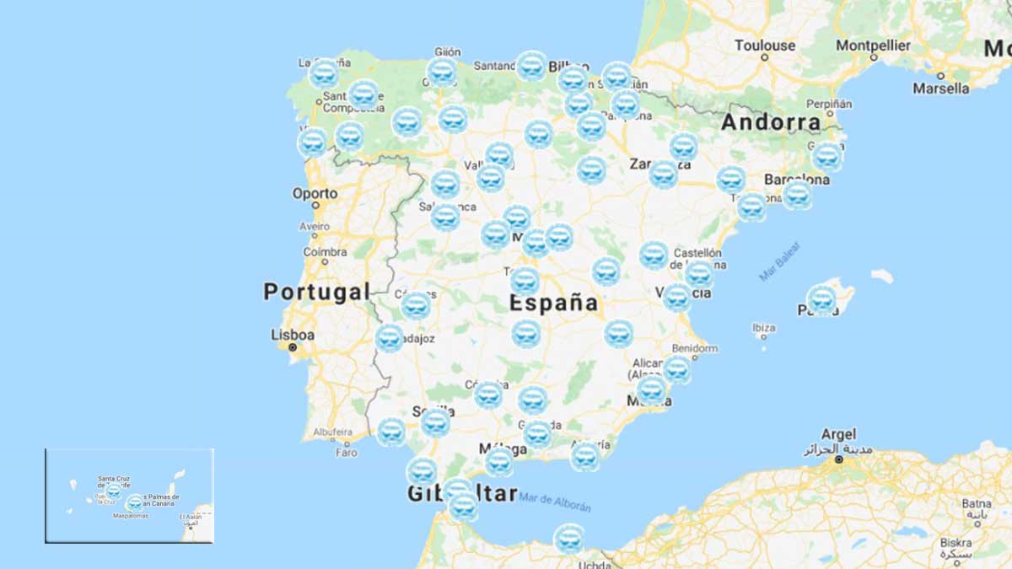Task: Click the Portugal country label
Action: point(316,293)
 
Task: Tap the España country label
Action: point(554,303)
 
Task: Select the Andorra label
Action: point(771,122)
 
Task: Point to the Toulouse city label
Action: point(765,46)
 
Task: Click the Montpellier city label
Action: point(874,46)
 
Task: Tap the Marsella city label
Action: point(941,88)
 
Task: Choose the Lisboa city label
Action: point(293,335)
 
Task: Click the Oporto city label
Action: point(315,194)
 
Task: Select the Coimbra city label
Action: point(325,252)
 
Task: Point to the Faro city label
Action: point(346,453)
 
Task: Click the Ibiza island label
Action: point(763,328)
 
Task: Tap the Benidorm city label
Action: point(695,348)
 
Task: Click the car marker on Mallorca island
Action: point(821,299)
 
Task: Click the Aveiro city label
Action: point(315,226)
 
